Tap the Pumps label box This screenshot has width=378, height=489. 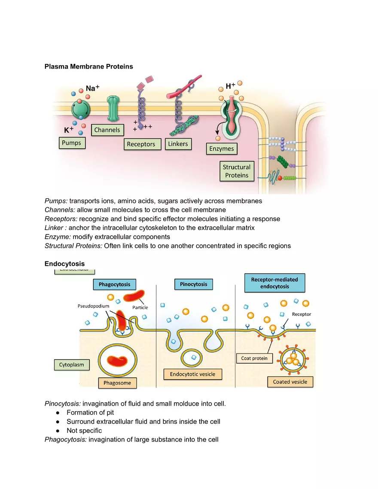tap(71, 143)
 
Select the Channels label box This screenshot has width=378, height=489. tap(107, 130)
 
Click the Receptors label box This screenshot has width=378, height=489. tap(141, 144)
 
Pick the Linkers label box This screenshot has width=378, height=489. tap(178, 144)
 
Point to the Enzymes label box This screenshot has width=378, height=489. tap(222, 149)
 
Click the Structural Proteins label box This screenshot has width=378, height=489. tap(237, 171)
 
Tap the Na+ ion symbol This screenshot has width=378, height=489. tap(92, 88)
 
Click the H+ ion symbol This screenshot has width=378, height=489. tap(230, 86)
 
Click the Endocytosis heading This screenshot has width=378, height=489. tap(64, 264)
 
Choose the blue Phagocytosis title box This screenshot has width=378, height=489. tap(114, 284)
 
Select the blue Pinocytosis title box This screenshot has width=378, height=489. tap(193, 284)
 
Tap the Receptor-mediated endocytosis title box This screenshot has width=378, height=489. tap(274, 282)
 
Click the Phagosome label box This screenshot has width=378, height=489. tap(117, 383)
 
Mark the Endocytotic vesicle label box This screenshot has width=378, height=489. tap(192, 374)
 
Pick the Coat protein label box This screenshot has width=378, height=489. tap(254, 358)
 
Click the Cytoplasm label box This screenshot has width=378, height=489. tap(72, 365)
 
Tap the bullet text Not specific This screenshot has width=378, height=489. tap(84, 431)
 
